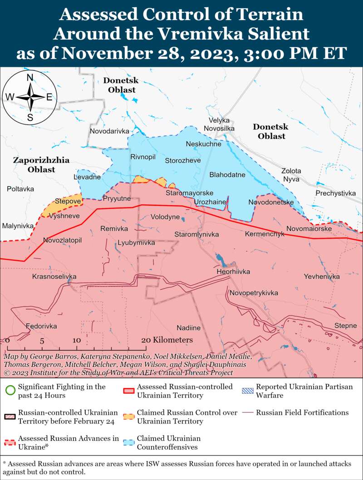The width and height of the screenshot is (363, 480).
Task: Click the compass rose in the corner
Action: pos(30,97)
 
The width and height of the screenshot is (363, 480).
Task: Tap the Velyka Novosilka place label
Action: pos(219,124)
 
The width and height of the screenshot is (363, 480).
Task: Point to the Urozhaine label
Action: pos(210,202)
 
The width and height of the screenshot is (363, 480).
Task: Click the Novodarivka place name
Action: pos(109,131)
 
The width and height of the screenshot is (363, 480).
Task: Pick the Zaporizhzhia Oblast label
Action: pos(41,165)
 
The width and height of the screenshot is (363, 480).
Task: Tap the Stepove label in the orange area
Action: pos(68,201)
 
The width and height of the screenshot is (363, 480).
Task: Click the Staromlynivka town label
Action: pos(196,234)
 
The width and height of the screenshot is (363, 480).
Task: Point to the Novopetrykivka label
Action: pos(253,293)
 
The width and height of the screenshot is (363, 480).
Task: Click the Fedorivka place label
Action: pos(41,326)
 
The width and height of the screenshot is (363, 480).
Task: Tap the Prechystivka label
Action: pos(335,193)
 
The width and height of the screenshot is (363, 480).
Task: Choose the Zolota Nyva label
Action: pos(291,175)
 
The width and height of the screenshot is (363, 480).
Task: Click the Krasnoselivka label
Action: pos(54,277)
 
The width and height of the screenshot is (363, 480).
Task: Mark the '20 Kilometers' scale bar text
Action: pos(167,340)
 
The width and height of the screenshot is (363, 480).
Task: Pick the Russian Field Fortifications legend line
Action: pos(248,413)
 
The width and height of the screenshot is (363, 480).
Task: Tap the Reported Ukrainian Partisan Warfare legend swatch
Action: pos(248,387)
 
